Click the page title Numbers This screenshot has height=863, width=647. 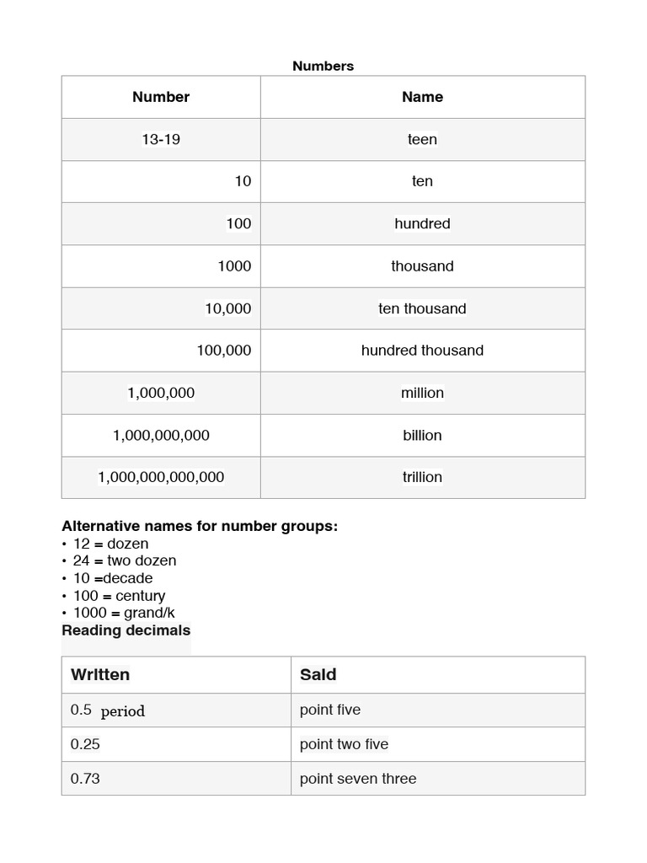point(323,66)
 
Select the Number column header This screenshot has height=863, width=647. point(161,97)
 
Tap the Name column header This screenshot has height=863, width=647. point(422,97)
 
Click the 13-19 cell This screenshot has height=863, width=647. point(161,139)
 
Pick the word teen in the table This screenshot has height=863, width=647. point(422,139)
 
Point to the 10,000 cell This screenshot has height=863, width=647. point(227,308)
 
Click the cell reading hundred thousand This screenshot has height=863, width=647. point(422,351)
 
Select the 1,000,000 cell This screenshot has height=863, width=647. point(161,393)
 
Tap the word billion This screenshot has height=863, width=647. point(422,435)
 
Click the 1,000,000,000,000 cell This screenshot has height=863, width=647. point(161,477)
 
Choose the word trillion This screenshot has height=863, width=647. point(422,477)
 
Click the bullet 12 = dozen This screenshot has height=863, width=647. point(110,544)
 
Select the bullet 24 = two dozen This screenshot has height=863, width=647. point(125,560)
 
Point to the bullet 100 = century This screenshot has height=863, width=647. point(119,596)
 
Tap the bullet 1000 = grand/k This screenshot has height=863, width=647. point(124,613)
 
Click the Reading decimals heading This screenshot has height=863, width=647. point(126,630)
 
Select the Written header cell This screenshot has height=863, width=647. point(100,674)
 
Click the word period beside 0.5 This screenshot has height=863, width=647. point(123,711)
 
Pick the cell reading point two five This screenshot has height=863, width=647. point(344,744)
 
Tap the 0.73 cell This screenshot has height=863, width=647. point(85,779)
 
